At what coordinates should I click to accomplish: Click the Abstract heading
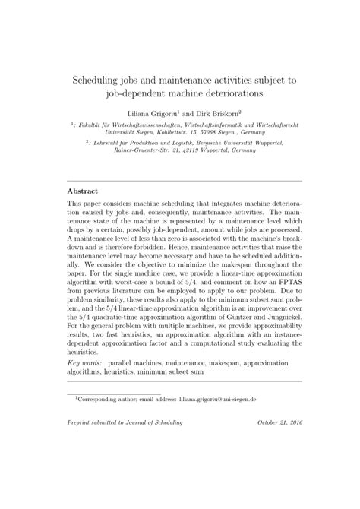pos(83,191)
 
